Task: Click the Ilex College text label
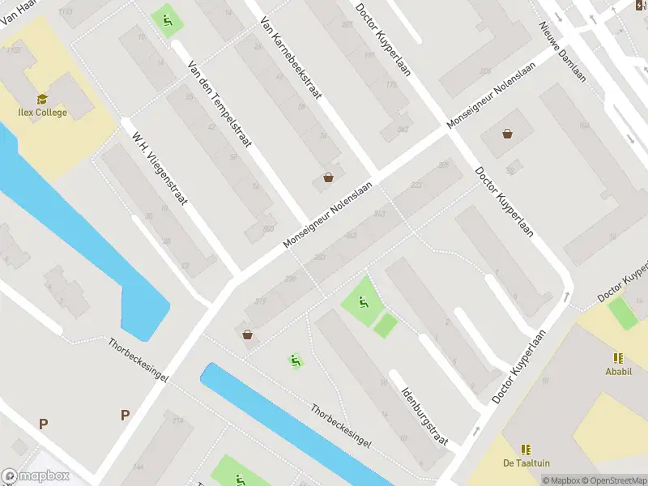tap(44, 113)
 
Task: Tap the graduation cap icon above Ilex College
tap(42, 98)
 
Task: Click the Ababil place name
tap(619, 372)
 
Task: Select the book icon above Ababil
tap(619, 357)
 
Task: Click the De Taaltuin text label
tap(526, 463)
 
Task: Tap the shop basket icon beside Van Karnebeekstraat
tap(328, 177)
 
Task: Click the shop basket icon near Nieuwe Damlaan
tap(507, 134)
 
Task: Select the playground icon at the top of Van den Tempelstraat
tap(168, 19)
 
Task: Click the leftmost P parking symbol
tap(43, 423)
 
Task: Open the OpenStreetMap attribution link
tap(612, 480)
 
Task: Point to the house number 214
tap(178, 420)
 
